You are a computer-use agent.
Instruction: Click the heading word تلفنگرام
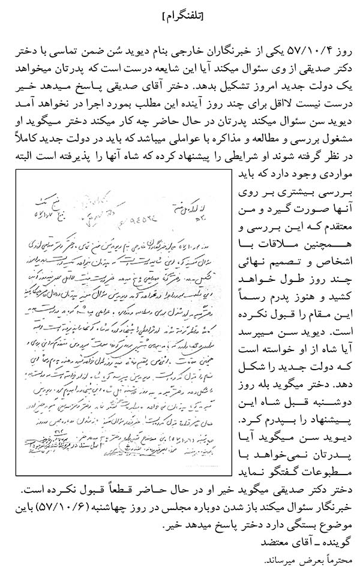coord(180,16)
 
